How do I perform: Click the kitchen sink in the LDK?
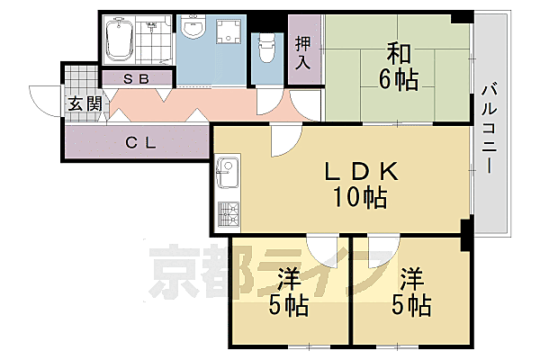(227, 169)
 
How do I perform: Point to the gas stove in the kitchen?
(227, 215)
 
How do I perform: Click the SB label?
(135, 79)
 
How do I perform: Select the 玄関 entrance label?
(78, 103)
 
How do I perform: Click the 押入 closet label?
(303, 52)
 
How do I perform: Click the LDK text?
(354, 171)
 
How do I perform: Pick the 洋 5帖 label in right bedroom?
(409, 291)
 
